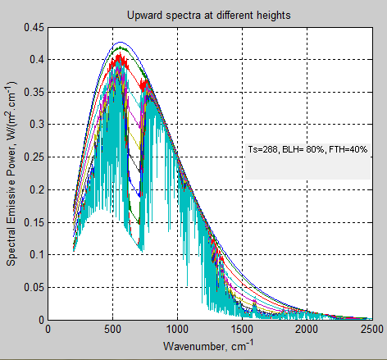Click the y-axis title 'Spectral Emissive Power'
tap(12, 172)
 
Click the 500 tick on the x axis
tap(112, 330)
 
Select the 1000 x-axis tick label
tap(177, 330)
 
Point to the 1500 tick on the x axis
tap(242, 330)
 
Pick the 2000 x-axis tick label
tap(307, 330)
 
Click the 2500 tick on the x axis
tap(371, 330)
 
